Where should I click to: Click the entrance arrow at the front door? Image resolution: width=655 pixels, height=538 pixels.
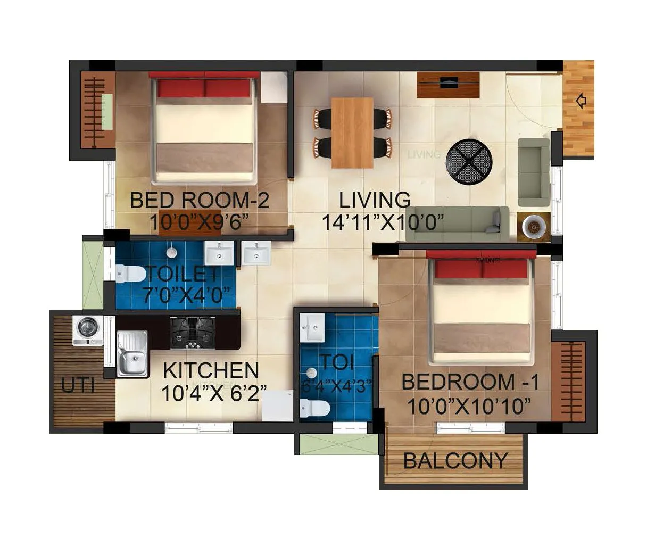(581, 101)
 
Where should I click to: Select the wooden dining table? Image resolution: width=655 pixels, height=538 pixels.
(352, 133)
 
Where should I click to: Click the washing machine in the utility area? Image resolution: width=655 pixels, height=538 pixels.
(88, 331)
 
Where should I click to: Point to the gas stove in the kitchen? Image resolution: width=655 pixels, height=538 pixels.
(193, 333)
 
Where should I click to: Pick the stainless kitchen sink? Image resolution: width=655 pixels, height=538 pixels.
(132, 353)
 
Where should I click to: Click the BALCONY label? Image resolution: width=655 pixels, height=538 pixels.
(455, 460)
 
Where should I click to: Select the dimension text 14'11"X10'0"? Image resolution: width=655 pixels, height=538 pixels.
(383, 222)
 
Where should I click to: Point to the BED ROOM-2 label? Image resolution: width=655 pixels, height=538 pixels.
(200, 201)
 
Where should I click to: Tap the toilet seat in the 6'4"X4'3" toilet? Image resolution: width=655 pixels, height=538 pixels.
(315, 409)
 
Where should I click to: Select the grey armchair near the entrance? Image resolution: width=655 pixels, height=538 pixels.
(534, 171)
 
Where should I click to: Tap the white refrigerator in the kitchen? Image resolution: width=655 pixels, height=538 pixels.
(277, 406)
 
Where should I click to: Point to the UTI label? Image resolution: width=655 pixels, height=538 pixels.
(78, 385)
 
